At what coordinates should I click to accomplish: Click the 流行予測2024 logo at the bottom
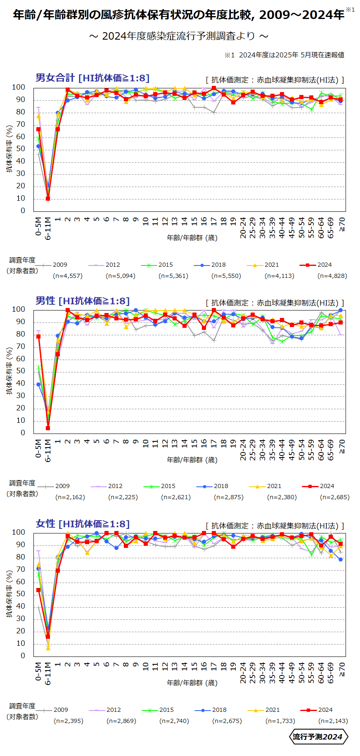point(317,737)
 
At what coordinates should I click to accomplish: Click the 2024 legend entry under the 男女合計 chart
point(324,265)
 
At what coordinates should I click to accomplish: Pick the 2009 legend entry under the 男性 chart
point(62,486)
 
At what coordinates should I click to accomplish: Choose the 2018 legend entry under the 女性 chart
point(219,710)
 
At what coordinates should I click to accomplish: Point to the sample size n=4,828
point(332,276)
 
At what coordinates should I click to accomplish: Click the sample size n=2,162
point(70,497)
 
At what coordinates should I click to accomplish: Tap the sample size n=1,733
point(280,721)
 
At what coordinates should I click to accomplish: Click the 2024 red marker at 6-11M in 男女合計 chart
point(48,199)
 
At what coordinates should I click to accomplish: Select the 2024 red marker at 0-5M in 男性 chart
point(38,336)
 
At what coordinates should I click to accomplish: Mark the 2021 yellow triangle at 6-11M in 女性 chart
point(48,648)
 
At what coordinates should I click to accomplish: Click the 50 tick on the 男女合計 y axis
point(19,149)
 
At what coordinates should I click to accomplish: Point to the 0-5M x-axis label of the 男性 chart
point(38,448)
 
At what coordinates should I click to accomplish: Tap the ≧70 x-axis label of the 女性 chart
point(341,669)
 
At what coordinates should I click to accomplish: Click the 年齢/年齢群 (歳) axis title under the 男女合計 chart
point(192,238)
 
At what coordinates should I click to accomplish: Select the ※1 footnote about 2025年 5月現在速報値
point(284,55)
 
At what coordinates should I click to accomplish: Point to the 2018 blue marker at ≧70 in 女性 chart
point(341,559)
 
